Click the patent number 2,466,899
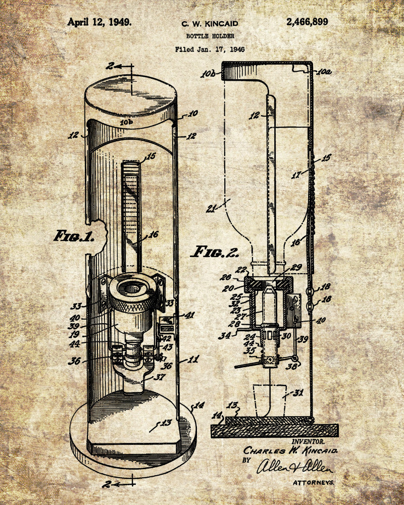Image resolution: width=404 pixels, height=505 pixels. pyautogui.click(x=307, y=22)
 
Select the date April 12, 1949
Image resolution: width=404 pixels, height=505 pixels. pyautogui.click(x=99, y=22)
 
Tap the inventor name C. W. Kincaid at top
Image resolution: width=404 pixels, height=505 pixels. pyautogui.click(x=210, y=23)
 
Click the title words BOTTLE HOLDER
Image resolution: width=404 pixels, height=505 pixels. pyautogui.click(x=210, y=36)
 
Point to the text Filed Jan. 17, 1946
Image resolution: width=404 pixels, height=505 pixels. pyautogui.click(x=210, y=49)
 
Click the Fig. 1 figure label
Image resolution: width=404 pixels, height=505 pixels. pyautogui.click(x=74, y=236)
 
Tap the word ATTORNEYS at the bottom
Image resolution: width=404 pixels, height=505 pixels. pyautogui.click(x=313, y=482)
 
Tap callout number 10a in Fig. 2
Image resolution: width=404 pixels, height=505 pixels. pyautogui.click(x=324, y=72)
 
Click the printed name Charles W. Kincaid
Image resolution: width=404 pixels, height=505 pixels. pyautogui.click(x=290, y=450)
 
